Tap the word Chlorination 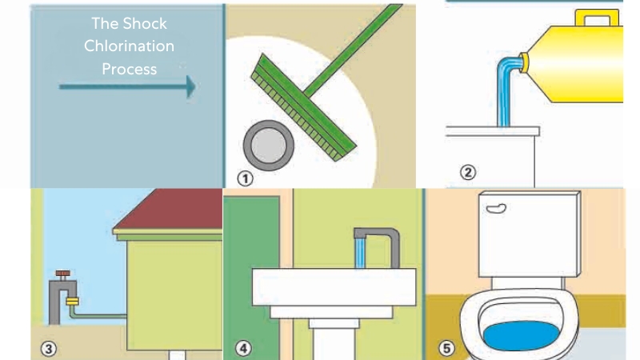[129, 46]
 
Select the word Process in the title [129, 69]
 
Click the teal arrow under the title [127, 86]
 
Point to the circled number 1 [245, 178]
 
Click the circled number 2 [468, 172]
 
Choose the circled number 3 [49, 349]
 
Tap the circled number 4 [243, 349]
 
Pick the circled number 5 [446, 348]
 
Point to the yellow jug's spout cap [524, 62]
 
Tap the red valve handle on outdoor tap [62, 273]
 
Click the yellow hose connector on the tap [72, 302]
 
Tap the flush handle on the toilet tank [496, 209]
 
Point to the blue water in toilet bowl [521, 335]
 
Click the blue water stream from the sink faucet [359, 254]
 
